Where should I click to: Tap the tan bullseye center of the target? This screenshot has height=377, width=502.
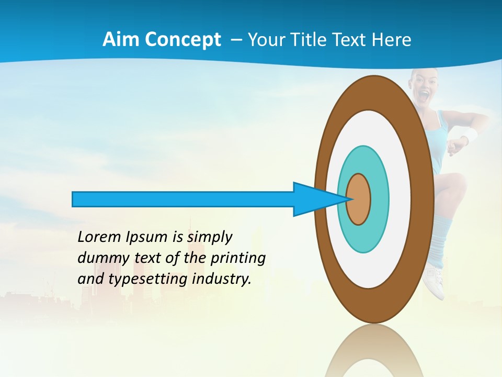pos(359,199)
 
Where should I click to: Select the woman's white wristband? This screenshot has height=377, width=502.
pos(470,135)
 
